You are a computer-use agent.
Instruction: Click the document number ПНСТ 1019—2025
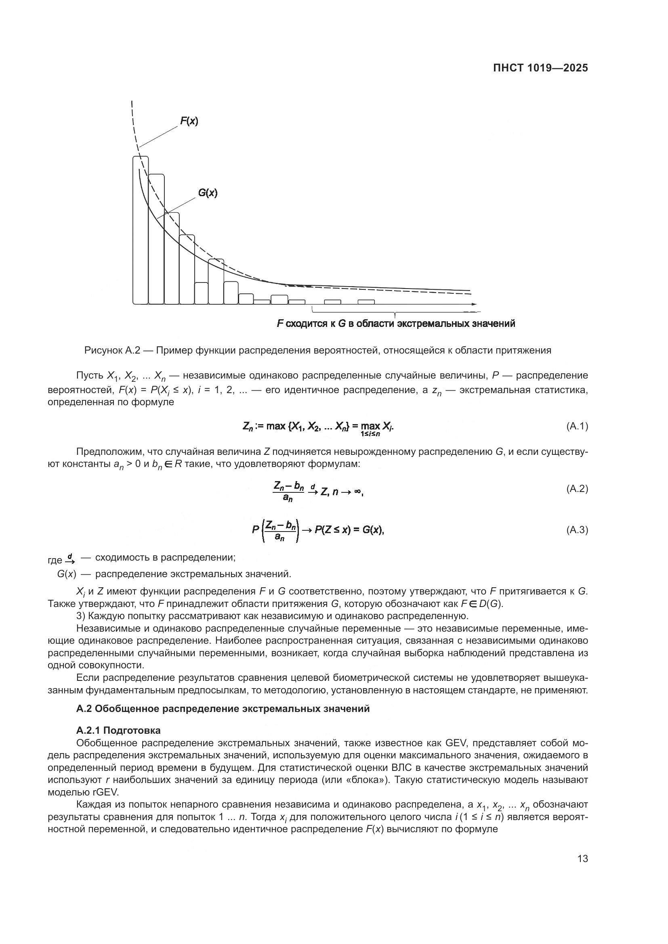pos(540,68)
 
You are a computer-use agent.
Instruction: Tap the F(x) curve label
pos(189,121)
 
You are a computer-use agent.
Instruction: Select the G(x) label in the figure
pos(208,193)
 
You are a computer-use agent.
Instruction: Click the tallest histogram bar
pos(141,230)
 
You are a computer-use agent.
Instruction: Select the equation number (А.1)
pos(577,426)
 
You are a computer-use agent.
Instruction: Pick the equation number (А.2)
pos(577,488)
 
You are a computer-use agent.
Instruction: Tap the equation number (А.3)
pos(577,530)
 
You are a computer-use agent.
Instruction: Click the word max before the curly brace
pos(276,426)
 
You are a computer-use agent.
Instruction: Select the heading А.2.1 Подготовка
pos(118,730)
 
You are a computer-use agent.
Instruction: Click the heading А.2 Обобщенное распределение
pos(223,708)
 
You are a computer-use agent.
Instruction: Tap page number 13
pos(582,858)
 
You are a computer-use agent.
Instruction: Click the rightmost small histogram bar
pos(366,302)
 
